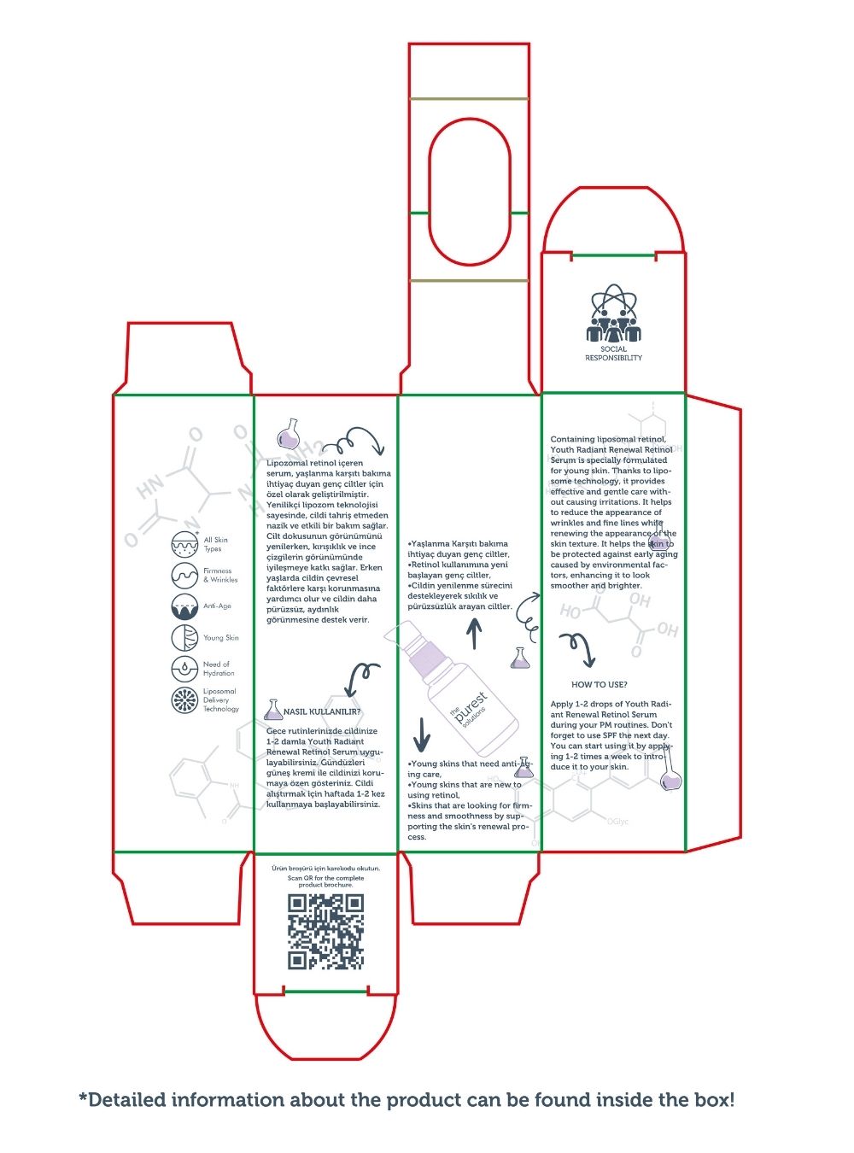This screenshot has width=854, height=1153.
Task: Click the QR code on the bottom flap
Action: pyautogui.click(x=325, y=932)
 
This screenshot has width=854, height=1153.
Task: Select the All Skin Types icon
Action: pyautogui.click(x=184, y=543)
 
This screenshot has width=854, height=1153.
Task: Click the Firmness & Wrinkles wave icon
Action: pyautogui.click(x=184, y=575)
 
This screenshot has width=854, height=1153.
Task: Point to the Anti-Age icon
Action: pyautogui.click(x=184, y=606)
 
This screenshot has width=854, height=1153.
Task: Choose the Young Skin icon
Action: pyautogui.click(x=184, y=638)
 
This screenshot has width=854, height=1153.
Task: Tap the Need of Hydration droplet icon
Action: pyautogui.click(x=184, y=668)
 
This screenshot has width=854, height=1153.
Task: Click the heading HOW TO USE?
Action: pyautogui.click(x=600, y=685)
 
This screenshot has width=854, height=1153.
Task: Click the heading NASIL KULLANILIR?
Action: pyautogui.click(x=322, y=711)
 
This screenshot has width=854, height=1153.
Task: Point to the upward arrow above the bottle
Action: pyautogui.click(x=475, y=634)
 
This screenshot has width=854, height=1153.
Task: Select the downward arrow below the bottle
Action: pyautogui.click(x=421, y=733)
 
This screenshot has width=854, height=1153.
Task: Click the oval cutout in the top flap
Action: pyautogui.click(x=469, y=191)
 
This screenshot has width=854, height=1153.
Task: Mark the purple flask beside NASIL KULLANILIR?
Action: pyautogui.click(x=273, y=709)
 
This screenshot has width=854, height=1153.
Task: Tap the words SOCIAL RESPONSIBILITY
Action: pyautogui.click(x=613, y=354)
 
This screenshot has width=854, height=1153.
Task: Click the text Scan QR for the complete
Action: pyautogui.click(x=325, y=878)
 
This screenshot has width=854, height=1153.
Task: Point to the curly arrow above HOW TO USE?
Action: pyautogui.click(x=576, y=647)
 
